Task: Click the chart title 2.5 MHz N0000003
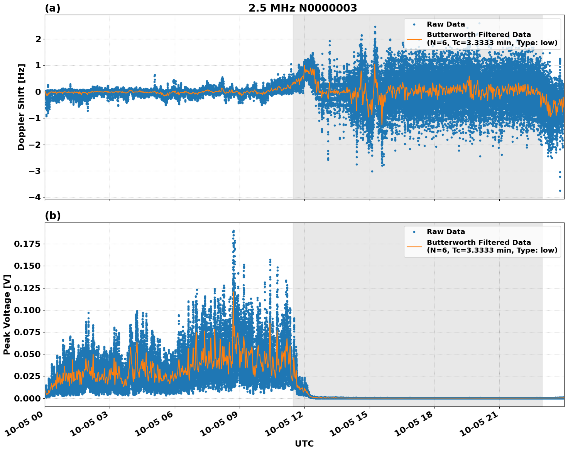coord(303,8)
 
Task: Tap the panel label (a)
coord(52,8)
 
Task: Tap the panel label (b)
coord(52,216)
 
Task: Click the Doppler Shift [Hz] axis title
coord(21,107)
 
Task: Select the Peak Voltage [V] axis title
coord(7,314)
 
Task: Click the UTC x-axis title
coord(304,444)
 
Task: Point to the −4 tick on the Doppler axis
coord(34,197)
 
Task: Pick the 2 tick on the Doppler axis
coord(38,39)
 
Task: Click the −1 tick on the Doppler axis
coord(34,118)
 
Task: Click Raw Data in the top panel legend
coord(446,24)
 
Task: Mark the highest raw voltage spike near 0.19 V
coord(233,231)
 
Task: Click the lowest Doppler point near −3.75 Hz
coord(560,191)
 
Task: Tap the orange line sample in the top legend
coord(414,39)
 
